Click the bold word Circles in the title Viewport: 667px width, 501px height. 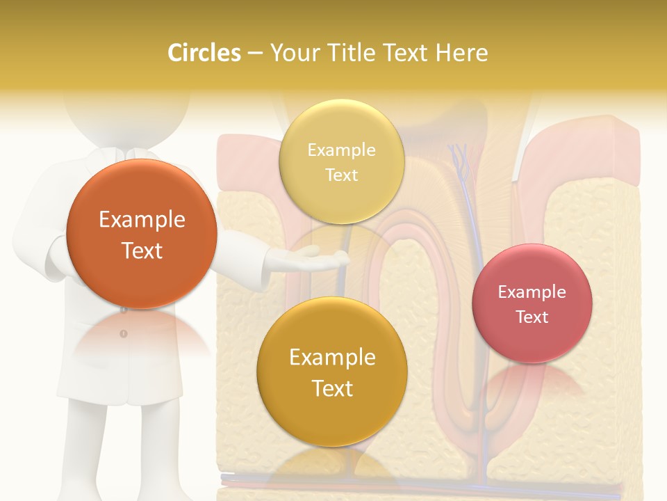[x=204, y=53]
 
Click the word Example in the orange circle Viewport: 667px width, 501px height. [x=142, y=220]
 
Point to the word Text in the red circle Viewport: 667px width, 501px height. [x=532, y=317]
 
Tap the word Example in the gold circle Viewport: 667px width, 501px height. [x=332, y=358]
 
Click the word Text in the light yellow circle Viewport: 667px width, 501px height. [x=341, y=175]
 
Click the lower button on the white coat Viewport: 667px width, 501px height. [x=124, y=334]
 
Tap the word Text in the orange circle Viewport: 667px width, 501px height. [x=142, y=251]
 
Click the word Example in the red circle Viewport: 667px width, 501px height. [x=532, y=292]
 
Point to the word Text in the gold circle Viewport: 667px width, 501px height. [x=332, y=388]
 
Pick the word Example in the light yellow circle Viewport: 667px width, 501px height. [x=341, y=150]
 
